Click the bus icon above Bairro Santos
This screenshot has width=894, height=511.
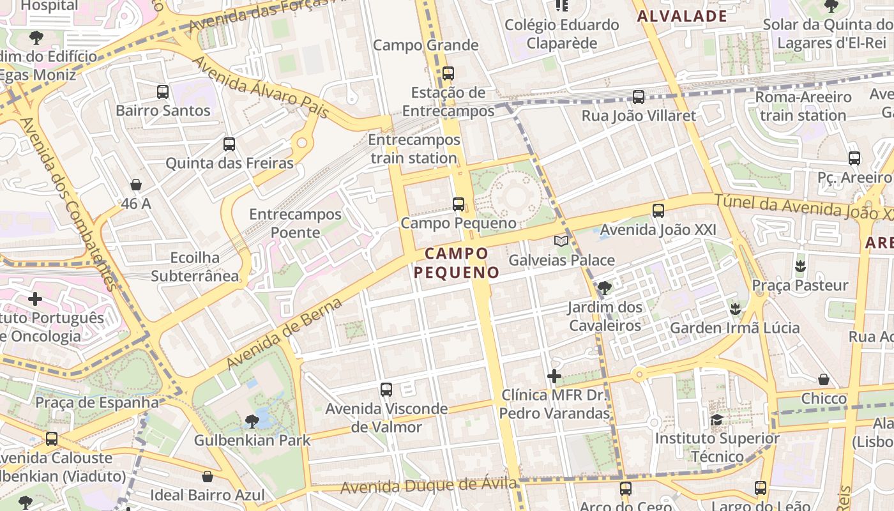click(x=163, y=92)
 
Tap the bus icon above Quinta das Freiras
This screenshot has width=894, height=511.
click(x=229, y=144)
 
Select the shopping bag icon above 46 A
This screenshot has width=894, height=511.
click(x=136, y=185)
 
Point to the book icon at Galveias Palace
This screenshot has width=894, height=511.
click(x=561, y=241)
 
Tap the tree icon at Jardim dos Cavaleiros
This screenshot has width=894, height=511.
click(x=604, y=288)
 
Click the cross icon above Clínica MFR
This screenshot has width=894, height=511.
click(x=554, y=376)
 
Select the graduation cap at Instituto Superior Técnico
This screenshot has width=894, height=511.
click(x=717, y=420)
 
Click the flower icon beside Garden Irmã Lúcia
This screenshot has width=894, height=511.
click(x=735, y=309)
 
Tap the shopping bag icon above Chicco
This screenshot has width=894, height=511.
click(x=824, y=379)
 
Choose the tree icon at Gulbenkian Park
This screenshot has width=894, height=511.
click(x=252, y=421)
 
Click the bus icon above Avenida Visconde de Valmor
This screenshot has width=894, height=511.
click(x=386, y=390)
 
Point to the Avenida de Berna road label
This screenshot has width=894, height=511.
click(x=284, y=333)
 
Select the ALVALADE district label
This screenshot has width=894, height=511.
click(x=683, y=17)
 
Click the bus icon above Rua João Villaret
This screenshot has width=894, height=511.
click(x=639, y=97)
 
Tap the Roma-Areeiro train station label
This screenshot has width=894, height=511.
click(x=803, y=106)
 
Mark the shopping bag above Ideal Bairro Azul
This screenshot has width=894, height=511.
click(x=207, y=477)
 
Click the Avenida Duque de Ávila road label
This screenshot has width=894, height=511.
click(x=428, y=486)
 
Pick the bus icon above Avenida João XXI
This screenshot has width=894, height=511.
click(x=658, y=210)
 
